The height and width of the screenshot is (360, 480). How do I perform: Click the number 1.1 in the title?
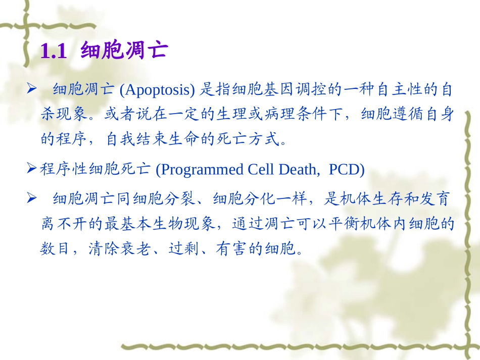coord(53,51)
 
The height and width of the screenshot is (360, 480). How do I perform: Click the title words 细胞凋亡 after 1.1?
coord(124,51)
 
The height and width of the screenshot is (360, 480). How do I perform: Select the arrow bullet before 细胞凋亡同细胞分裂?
coord(32,199)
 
